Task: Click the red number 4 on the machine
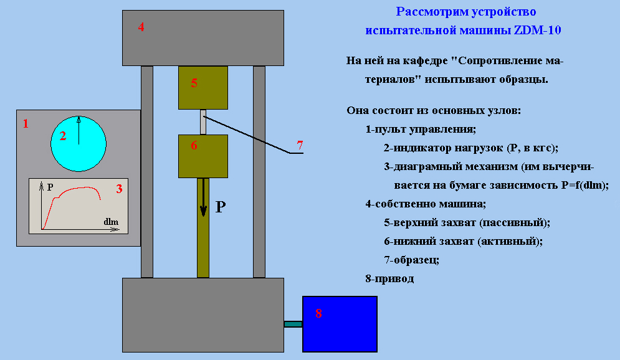(141, 27)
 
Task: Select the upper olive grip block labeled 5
(203, 88)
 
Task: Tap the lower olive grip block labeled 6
(203, 156)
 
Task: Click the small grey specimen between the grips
(203, 122)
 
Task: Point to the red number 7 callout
(300, 145)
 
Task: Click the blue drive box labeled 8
(340, 324)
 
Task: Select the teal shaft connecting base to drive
(293, 324)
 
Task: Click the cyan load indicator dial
(79, 144)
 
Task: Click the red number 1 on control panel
(26, 124)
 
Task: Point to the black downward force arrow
(203, 197)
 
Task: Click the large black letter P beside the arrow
(220, 207)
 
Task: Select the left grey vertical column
(147, 172)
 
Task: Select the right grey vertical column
(259, 172)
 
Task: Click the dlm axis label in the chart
(111, 222)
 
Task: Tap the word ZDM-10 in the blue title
(537, 30)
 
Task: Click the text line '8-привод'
(389, 278)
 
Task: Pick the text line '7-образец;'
(412, 260)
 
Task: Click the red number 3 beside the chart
(119, 189)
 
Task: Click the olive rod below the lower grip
(203, 228)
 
